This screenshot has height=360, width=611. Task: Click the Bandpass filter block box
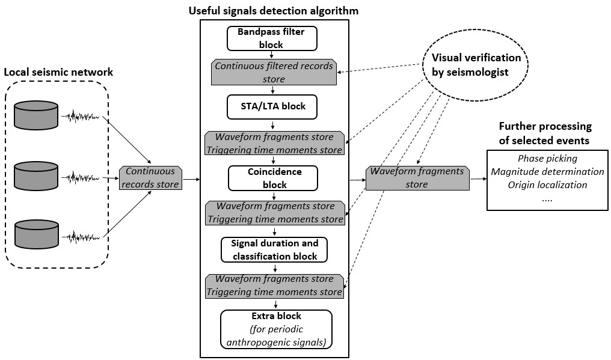pyautogui.click(x=271, y=38)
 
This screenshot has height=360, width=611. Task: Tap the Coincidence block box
pyautogui.click(x=274, y=178)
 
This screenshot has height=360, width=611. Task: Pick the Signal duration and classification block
pyautogui.click(x=274, y=249)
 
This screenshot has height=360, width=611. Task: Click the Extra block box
pyautogui.click(x=276, y=329)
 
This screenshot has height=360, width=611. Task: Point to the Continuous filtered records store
pyautogui.click(x=274, y=72)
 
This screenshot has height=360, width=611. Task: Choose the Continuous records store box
pyautogui.click(x=150, y=178)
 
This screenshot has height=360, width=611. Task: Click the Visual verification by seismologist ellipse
pyautogui.click(x=471, y=65)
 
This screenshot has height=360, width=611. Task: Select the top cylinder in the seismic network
pyautogui.click(x=37, y=115)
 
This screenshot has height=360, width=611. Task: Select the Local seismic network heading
pyautogui.click(x=58, y=72)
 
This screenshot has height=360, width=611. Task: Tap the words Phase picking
pyautogui.click(x=547, y=159)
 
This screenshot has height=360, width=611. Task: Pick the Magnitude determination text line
pyautogui.click(x=547, y=172)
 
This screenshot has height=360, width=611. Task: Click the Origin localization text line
pyautogui.click(x=547, y=185)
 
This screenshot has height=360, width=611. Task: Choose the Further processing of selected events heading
pyautogui.click(x=545, y=133)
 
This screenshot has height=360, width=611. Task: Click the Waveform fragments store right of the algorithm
pyautogui.click(x=417, y=178)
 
